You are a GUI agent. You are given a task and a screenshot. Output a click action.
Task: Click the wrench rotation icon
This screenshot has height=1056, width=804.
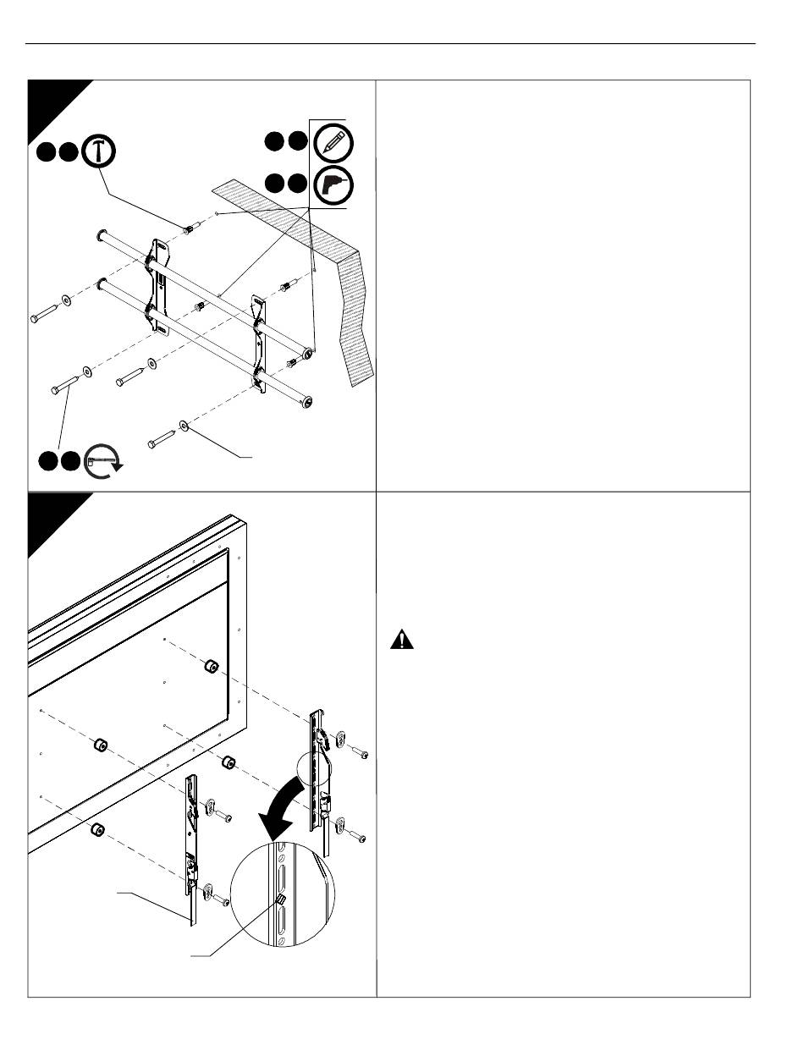(x=102, y=460)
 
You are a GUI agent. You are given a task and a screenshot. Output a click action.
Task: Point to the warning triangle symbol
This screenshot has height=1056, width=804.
(x=402, y=641)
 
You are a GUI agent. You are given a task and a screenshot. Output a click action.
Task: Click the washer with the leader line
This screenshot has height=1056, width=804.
(x=184, y=426)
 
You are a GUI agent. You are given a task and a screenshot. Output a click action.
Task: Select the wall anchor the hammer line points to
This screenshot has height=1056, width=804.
(x=190, y=228)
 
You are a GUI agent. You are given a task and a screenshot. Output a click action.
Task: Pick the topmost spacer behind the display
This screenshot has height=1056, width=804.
(x=208, y=667)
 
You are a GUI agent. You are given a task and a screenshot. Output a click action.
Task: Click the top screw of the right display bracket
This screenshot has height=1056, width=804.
(x=357, y=752)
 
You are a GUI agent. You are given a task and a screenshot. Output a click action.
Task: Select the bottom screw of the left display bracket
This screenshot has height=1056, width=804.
(x=223, y=902)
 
